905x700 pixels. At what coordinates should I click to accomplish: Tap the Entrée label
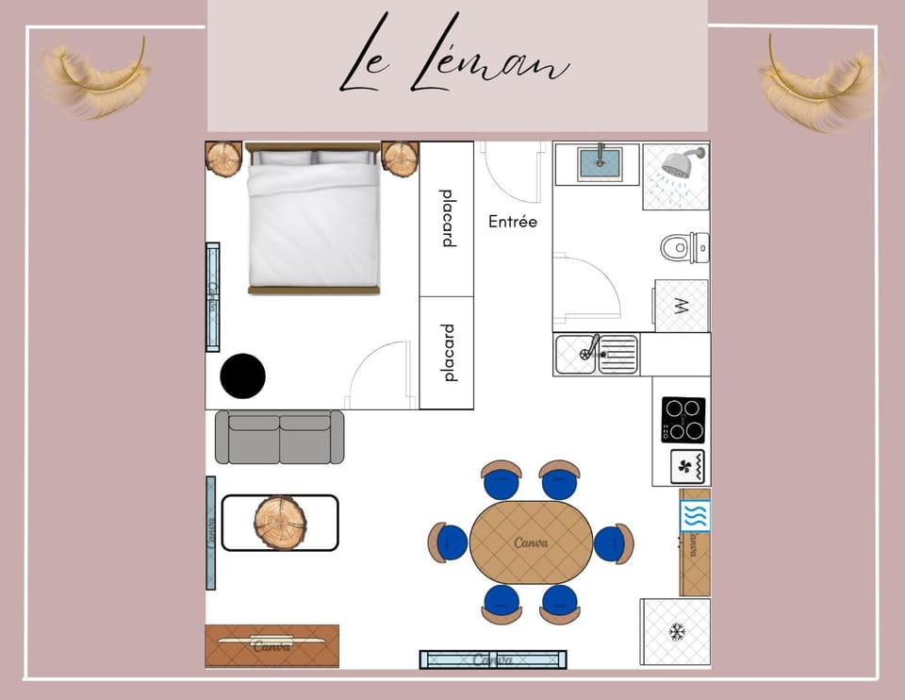(x=513, y=222)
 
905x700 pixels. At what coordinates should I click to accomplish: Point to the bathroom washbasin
(x=597, y=161)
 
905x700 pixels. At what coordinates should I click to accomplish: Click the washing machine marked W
(x=682, y=306)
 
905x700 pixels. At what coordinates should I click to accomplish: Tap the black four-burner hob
(x=683, y=420)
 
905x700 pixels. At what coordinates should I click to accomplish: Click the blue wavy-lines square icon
(x=696, y=516)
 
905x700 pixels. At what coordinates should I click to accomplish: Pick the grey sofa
(x=279, y=437)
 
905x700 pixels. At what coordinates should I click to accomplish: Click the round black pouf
(x=242, y=375)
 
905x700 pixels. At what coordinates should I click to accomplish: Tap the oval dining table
(x=531, y=542)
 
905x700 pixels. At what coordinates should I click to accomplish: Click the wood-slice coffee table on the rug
(x=280, y=522)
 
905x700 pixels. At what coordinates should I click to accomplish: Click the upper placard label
(x=448, y=219)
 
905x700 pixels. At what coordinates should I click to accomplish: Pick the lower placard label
(x=448, y=353)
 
